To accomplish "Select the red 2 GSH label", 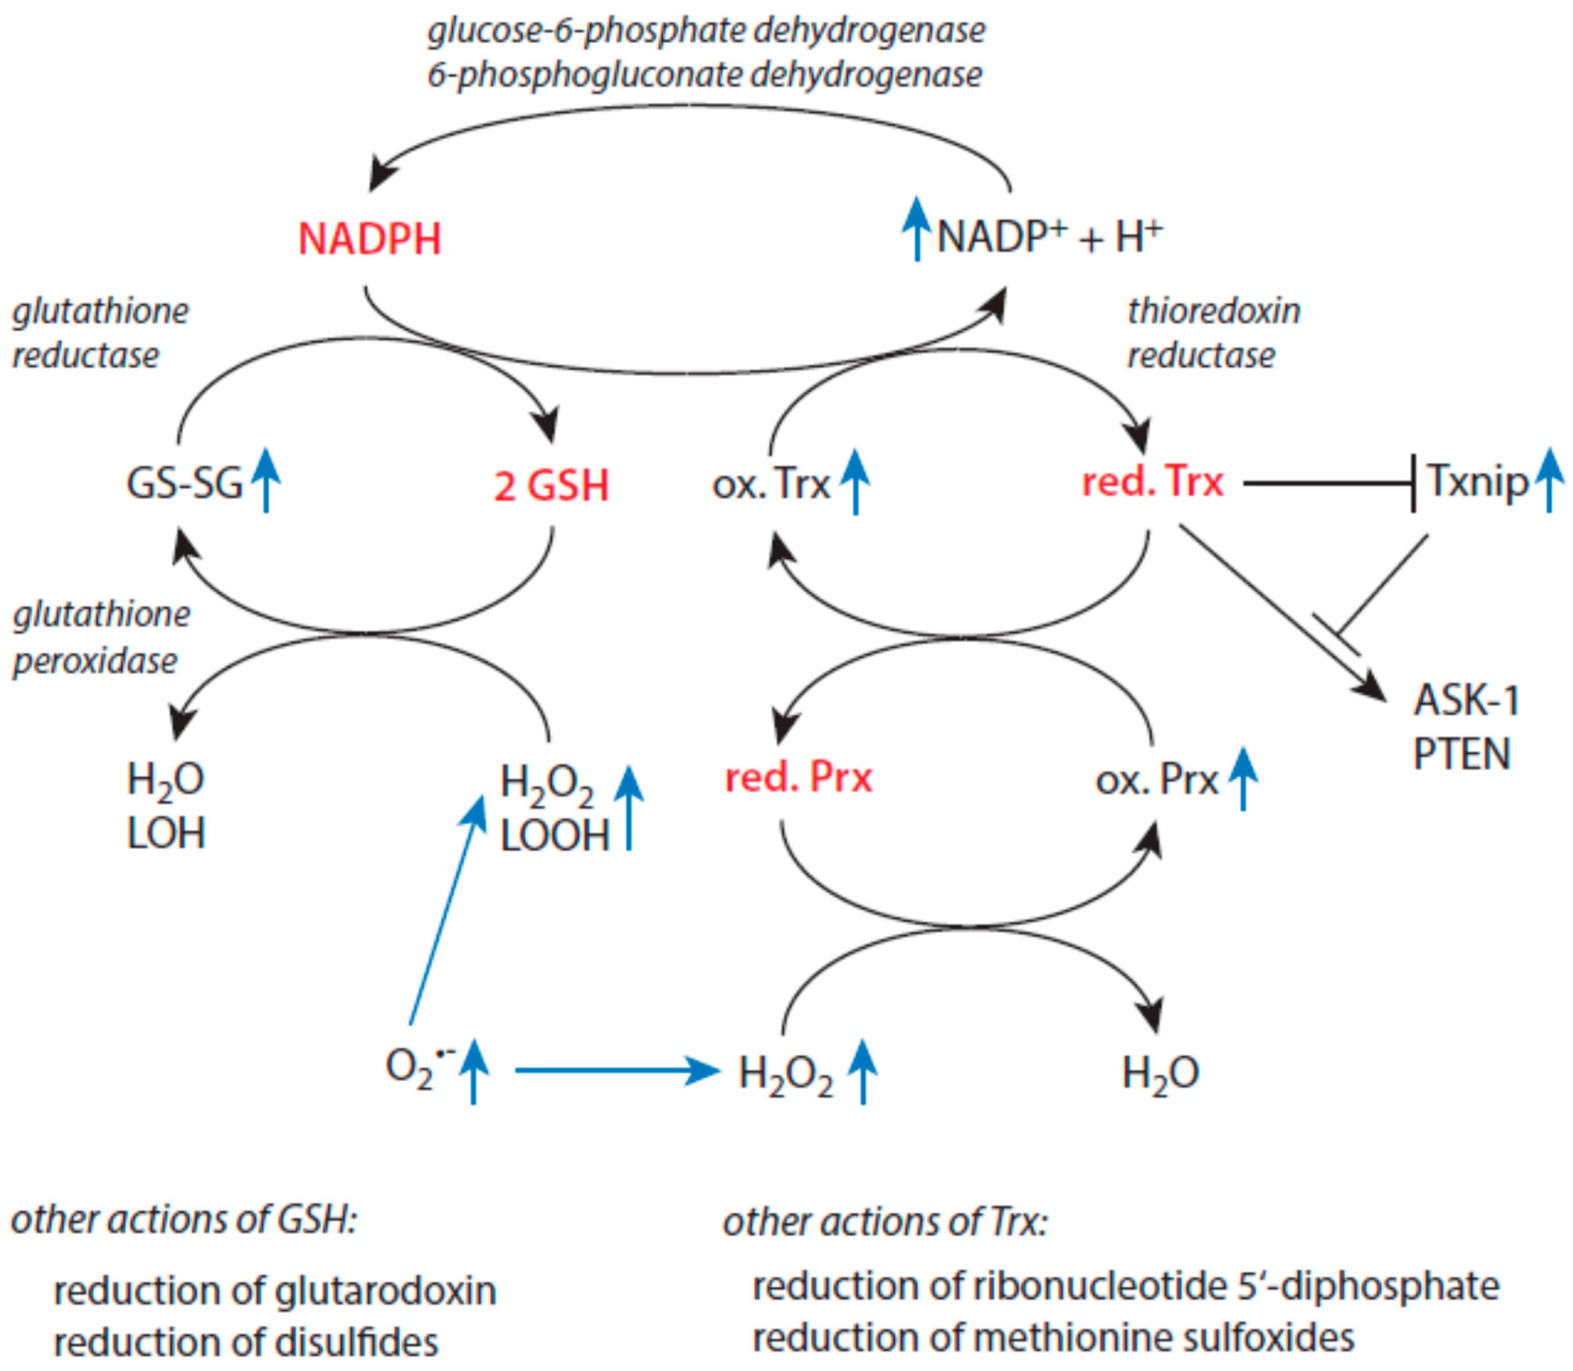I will click(x=551, y=486).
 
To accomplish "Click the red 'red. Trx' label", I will click(x=1152, y=482).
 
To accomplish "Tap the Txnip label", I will click(x=1477, y=482).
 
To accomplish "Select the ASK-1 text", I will click(x=1466, y=700).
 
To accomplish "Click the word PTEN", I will click(x=1461, y=754).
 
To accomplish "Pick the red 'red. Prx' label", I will click(x=798, y=778).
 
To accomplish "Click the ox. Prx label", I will click(x=1156, y=780).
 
